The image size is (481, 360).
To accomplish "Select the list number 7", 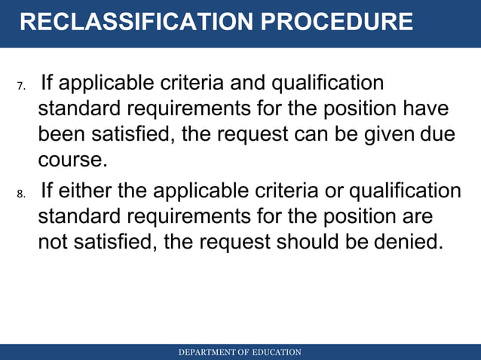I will click(21, 85).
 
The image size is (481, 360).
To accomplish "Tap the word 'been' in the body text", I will click(61, 135).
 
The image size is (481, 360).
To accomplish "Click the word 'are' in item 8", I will click(418, 218).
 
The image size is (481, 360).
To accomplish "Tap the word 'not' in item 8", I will click(53, 244).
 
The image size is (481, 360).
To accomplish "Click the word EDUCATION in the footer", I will click(277, 352).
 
